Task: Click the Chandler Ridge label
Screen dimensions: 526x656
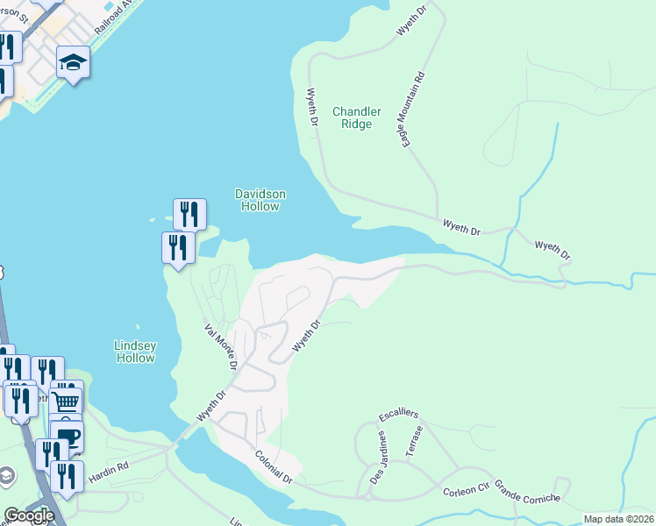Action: coord(357,117)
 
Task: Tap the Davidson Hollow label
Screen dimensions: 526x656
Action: coord(260,200)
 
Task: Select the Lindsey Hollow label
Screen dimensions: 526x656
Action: coord(135,352)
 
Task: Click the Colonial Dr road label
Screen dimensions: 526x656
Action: coord(274,467)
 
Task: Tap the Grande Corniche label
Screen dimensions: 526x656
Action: coord(527,492)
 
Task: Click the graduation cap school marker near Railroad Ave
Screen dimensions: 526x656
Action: coord(74,62)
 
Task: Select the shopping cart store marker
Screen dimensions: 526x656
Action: coord(66,402)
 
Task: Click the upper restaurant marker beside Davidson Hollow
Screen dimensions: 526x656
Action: coord(189,214)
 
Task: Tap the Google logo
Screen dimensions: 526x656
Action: coord(28,515)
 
